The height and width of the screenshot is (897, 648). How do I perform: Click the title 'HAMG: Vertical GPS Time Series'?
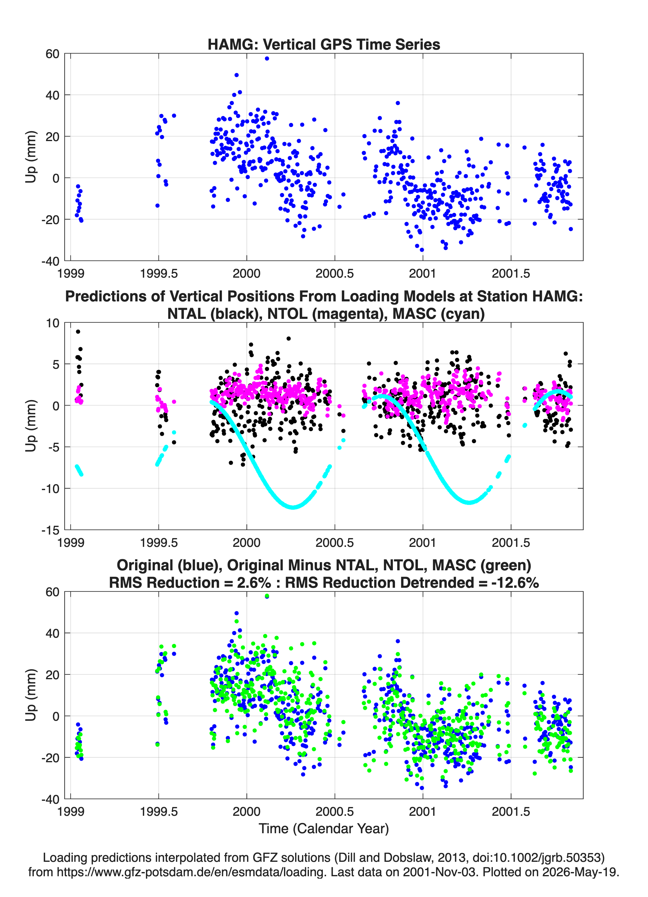[324, 44]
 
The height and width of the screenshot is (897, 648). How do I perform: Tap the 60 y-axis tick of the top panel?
[52, 54]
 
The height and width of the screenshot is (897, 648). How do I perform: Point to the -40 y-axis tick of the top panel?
[50, 261]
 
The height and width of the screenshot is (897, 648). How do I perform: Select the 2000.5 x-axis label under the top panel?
[335, 273]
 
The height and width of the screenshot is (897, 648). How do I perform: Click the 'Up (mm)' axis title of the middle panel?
[30, 426]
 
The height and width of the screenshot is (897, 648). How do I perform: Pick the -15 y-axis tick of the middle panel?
[50, 530]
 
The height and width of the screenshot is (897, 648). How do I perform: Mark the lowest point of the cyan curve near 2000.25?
[293, 507]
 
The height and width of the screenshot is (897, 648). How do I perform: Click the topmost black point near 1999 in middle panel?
[78, 332]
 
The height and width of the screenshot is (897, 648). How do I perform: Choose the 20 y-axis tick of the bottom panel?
[52, 675]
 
